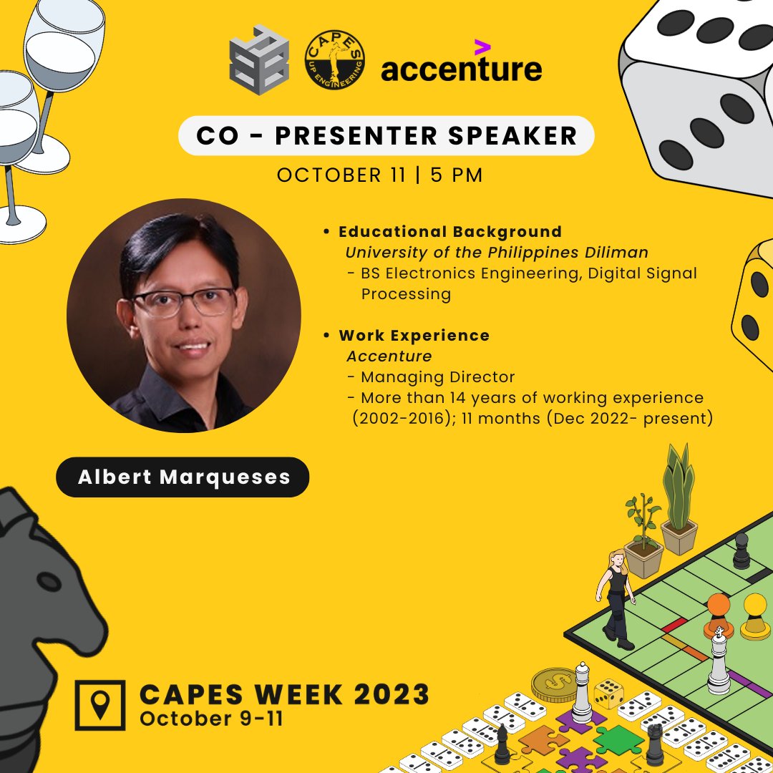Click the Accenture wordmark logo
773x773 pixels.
click(461, 69)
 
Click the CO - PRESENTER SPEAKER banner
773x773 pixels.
click(386, 136)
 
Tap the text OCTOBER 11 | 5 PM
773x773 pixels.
click(379, 175)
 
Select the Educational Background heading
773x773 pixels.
click(449, 232)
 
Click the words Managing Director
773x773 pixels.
click(437, 376)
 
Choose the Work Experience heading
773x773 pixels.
click(414, 336)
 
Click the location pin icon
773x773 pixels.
click(101, 704)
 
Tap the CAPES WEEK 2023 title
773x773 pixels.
click(284, 694)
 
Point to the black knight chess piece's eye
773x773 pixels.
click(49, 581)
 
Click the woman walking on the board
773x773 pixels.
click(615, 598)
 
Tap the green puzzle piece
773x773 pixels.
click(617, 740)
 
